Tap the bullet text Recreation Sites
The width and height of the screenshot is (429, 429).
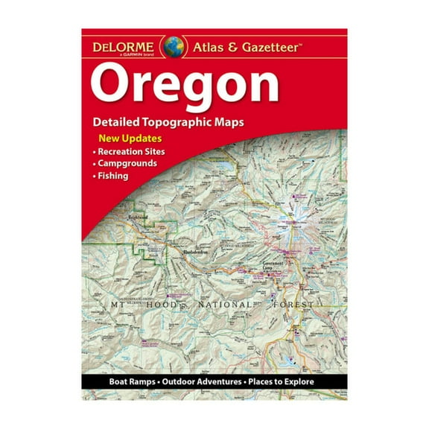[133, 152]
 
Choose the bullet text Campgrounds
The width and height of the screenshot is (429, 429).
[127, 164]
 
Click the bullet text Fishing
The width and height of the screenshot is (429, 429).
[113, 176]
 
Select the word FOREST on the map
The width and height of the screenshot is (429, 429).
[310, 305]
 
